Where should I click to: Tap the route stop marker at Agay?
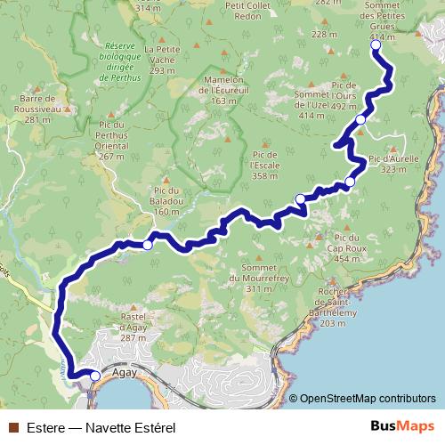94,376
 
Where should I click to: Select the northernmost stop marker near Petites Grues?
375,44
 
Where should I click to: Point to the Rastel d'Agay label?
133,326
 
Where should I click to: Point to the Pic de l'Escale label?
266,164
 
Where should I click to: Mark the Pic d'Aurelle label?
393,163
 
